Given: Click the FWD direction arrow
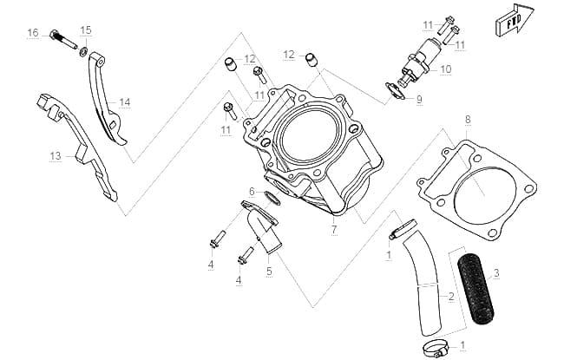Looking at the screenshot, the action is (x=515, y=20).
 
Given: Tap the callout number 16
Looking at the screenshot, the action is (x=33, y=33).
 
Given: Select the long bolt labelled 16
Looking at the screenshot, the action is (x=63, y=39).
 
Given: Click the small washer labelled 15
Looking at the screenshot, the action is (x=83, y=52).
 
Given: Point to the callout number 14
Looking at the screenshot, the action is (x=125, y=102).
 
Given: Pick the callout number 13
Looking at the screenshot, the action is (x=56, y=156).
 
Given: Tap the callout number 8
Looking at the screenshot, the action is (x=468, y=120).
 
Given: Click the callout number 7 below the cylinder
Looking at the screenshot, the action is (x=334, y=229).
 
